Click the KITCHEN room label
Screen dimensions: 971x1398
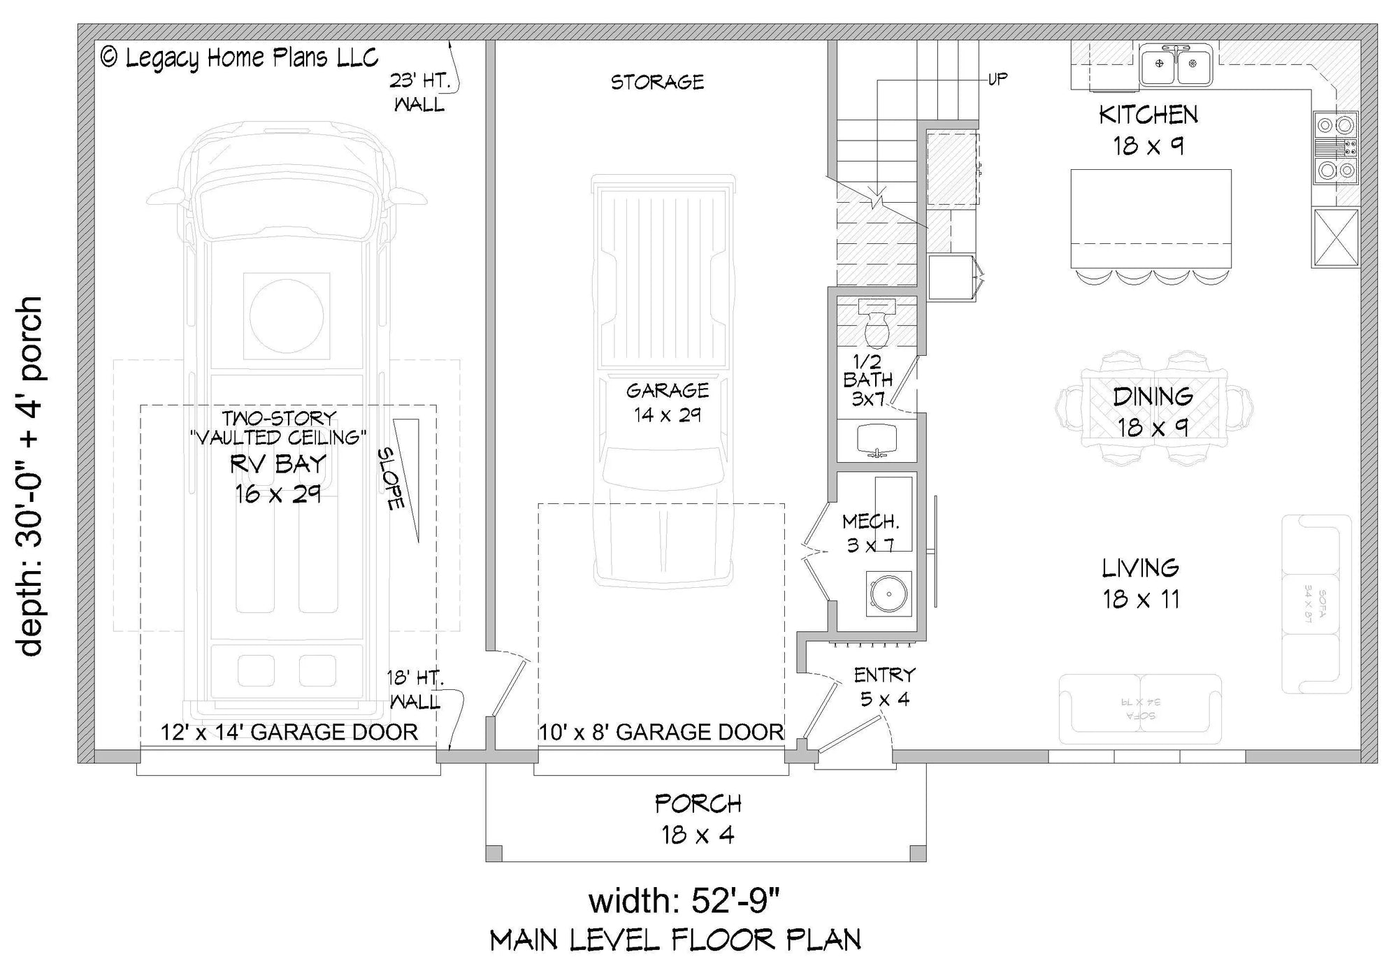pyautogui.click(x=1148, y=115)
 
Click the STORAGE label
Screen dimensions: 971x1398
pyautogui.click(x=657, y=82)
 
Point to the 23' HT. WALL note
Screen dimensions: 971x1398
pyautogui.click(x=418, y=92)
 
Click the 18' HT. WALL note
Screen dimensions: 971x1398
pyautogui.click(x=415, y=689)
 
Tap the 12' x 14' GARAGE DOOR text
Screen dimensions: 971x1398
pyautogui.click(x=289, y=732)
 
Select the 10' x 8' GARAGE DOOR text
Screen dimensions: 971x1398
pyautogui.click(x=661, y=732)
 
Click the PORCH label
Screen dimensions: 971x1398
pyautogui.click(x=698, y=804)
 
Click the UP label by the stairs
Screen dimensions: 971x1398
pyautogui.click(x=997, y=79)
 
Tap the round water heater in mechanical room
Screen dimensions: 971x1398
pyautogui.click(x=888, y=594)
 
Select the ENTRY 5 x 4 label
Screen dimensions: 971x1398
pyautogui.click(x=884, y=686)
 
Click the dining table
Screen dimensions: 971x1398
pyautogui.click(x=1153, y=409)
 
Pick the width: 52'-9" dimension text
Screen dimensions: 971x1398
pyautogui.click(x=683, y=900)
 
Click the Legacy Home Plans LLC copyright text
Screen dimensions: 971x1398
pyautogui.click(x=240, y=58)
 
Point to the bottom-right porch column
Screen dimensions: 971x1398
pyautogui.click(x=918, y=853)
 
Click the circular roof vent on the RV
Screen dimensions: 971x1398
pyautogui.click(x=286, y=315)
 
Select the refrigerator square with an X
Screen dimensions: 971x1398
pyautogui.click(x=1335, y=237)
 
